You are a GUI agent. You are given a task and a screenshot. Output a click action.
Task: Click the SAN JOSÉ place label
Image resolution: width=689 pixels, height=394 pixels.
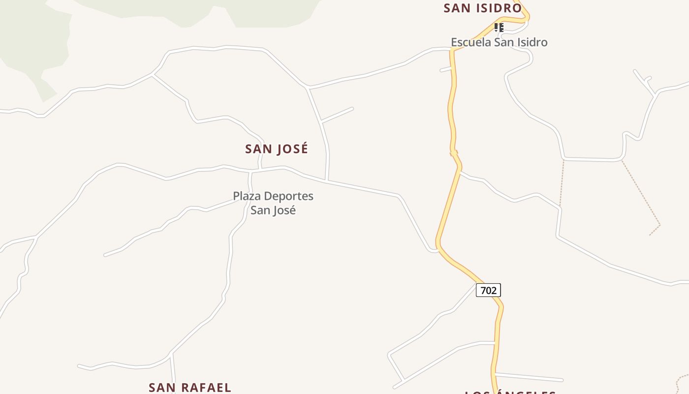click(277, 149)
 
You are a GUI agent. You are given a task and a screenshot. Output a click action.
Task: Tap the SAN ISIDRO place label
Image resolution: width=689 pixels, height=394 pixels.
click(482, 8)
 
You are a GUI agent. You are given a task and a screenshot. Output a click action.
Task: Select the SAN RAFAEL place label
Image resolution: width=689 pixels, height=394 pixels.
click(190, 387)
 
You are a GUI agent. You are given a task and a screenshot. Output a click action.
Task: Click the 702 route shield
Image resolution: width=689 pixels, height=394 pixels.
click(488, 291)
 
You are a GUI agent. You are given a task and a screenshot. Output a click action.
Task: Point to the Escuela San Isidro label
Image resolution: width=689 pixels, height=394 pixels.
click(499, 42)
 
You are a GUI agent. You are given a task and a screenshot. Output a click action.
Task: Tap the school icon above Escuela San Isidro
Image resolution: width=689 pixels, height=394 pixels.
click(499, 28)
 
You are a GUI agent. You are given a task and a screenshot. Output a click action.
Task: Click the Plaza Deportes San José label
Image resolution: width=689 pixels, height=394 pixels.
click(273, 203)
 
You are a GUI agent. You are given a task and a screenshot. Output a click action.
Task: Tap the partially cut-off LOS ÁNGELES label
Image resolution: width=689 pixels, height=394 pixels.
click(510, 392)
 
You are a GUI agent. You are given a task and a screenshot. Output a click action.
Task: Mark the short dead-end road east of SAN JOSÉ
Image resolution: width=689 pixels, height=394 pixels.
click(338, 114)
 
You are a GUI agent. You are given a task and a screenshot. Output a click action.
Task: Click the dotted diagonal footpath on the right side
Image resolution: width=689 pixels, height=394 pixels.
click(641, 192)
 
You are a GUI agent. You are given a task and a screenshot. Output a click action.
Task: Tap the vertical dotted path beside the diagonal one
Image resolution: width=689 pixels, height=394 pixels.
click(562, 182)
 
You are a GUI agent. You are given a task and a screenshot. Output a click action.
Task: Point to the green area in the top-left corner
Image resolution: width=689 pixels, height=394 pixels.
click(30, 39)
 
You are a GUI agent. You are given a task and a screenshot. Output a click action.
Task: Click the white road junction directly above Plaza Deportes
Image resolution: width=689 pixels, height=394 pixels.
click(251, 172)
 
